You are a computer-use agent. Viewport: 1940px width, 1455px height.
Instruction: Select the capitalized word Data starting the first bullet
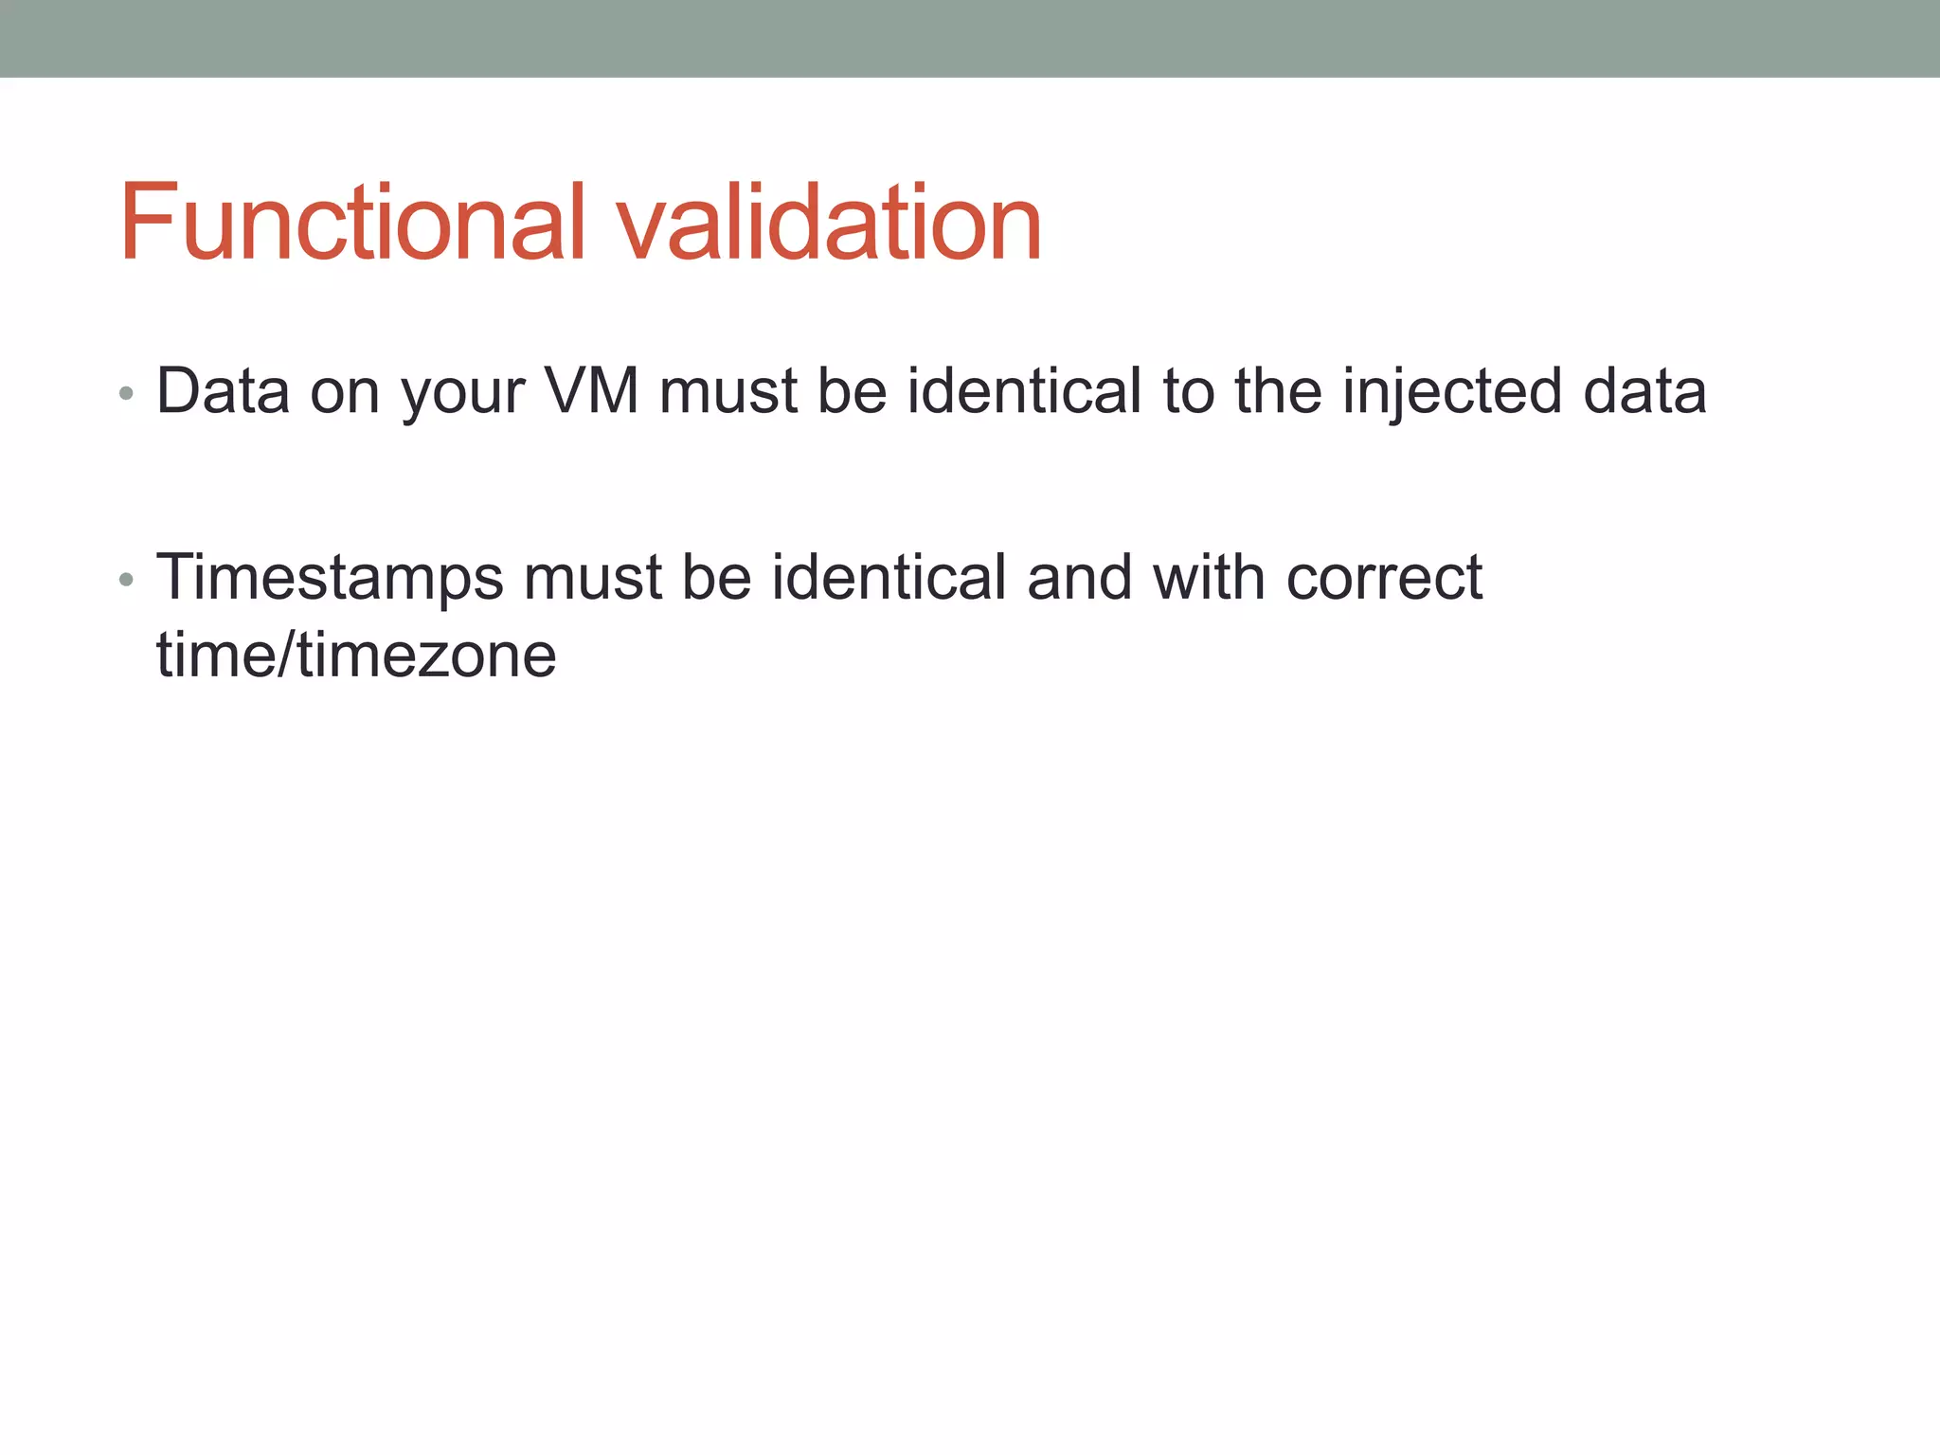pos(223,390)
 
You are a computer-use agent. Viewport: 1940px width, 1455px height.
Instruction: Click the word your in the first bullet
pos(462,392)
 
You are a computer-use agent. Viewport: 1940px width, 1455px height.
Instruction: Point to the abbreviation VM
pos(592,390)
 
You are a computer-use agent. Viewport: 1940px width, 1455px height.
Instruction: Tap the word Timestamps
pos(330,578)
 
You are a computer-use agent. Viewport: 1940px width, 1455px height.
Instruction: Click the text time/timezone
pos(356,656)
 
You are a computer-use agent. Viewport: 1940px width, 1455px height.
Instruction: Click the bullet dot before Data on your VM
pos(126,393)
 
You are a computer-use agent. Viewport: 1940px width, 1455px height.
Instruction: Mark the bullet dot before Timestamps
pos(126,580)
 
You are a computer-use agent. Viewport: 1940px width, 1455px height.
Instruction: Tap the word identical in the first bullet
pos(1024,390)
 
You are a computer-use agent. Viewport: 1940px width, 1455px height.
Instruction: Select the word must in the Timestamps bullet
pos(592,578)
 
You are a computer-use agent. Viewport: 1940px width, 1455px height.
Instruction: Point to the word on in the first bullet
pos(345,392)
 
